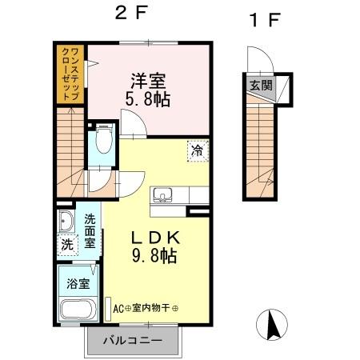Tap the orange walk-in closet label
(x=71, y=74)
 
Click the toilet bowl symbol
(x=102, y=143)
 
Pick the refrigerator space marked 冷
(x=195, y=150)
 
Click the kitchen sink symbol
(x=163, y=194)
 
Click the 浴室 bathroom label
(x=77, y=282)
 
